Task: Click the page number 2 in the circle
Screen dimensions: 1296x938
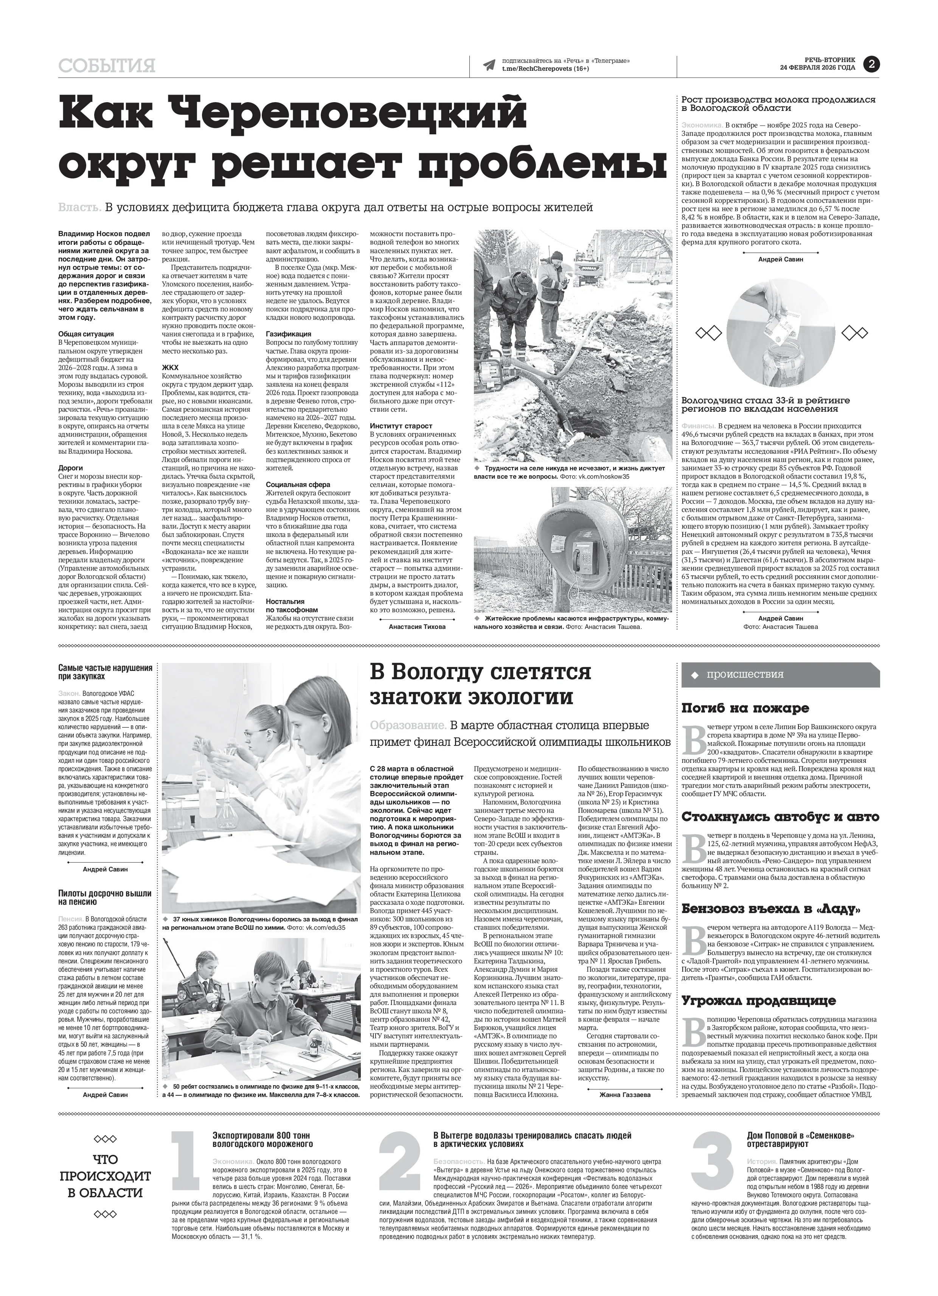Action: point(872,65)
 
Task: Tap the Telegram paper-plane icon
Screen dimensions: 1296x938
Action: point(488,65)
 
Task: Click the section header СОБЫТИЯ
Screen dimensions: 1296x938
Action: point(107,66)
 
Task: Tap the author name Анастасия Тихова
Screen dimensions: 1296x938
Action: point(417,626)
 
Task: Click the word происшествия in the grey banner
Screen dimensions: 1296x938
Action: point(745,674)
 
